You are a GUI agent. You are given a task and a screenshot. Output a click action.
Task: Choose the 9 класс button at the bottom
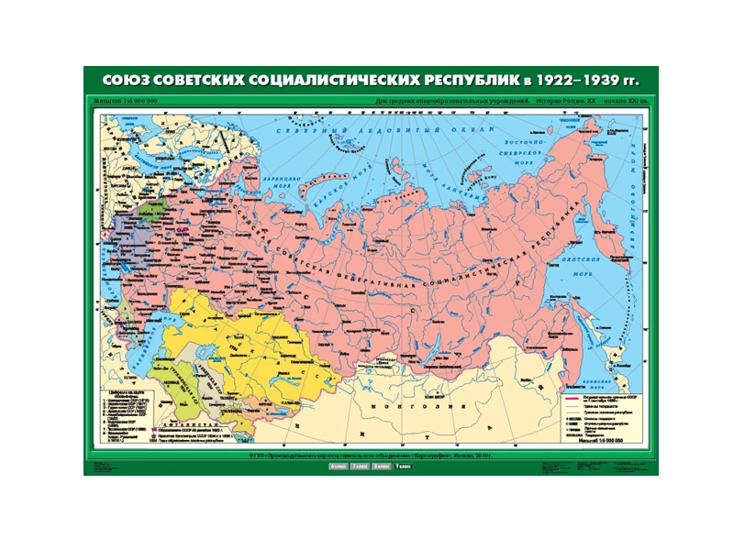pyautogui.click(x=404, y=467)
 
